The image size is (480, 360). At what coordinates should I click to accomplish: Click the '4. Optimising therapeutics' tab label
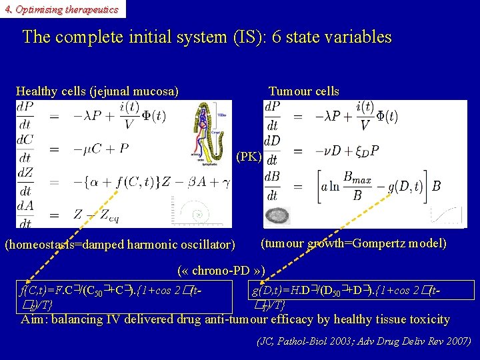(x=61, y=9)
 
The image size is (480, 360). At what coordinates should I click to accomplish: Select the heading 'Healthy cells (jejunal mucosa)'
(x=97, y=91)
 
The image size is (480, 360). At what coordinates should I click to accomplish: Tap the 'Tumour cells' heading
(x=303, y=91)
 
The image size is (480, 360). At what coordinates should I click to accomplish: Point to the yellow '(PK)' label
(x=249, y=157)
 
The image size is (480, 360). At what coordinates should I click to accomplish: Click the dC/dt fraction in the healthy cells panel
(x=25, y=149)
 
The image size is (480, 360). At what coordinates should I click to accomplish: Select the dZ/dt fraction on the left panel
(x=25, y=181)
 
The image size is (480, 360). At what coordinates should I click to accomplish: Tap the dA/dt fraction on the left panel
(x=25, y=213)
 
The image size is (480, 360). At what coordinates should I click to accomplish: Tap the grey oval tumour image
(x=278, y=216)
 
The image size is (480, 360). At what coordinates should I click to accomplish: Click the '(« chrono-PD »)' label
(x=221, y=271)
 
